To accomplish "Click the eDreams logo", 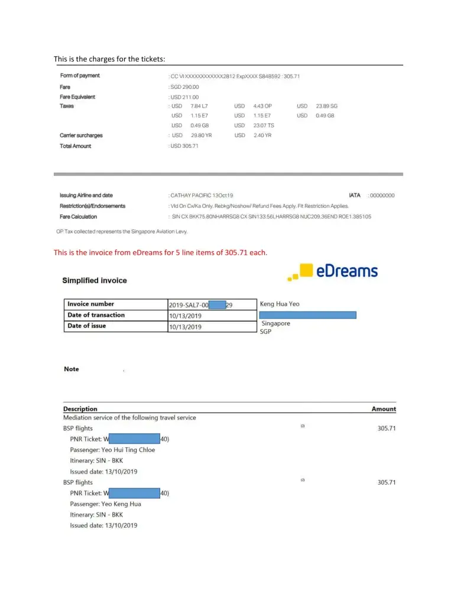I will click(332, 272).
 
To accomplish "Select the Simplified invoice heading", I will click(95, 280).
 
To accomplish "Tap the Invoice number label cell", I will click(90, 304).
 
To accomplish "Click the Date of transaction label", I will click(96, 315).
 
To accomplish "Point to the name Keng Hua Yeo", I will click(280, 304).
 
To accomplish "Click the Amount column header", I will click(384, 409).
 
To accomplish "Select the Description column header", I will click(80, 409).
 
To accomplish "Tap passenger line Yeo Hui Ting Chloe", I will click(112, 450).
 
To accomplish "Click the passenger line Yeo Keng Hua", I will click(106, 504).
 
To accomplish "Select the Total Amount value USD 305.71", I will click(184, 146).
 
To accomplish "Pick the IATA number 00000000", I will click(382, 196).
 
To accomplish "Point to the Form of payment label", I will click(80, 76).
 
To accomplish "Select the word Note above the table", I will click(72, 369).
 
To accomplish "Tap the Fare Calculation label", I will click(78, 217).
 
